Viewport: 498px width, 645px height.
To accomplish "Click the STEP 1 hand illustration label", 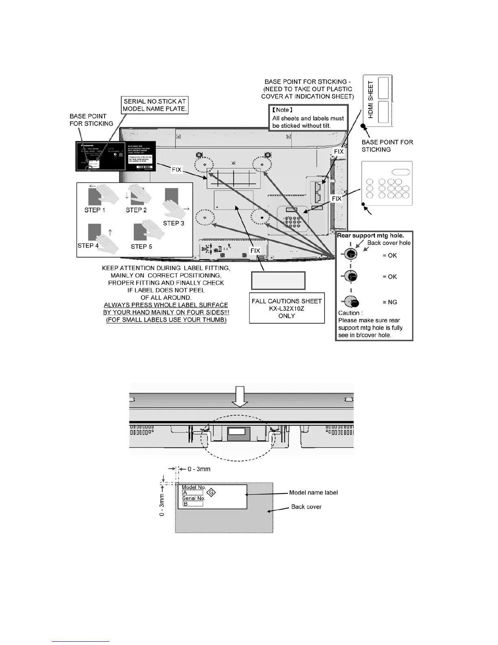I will (x=95, y=210).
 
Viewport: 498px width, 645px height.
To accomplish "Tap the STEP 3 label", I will (x=174, y=223).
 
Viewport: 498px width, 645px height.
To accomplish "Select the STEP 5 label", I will (x=142, y=246).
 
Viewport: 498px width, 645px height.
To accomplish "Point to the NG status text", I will (x=390, y=302).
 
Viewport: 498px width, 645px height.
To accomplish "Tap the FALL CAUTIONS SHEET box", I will (x=287, y=308).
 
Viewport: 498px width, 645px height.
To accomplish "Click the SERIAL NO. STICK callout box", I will (x=155, y=105).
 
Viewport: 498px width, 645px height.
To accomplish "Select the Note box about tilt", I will (x=308, y=118).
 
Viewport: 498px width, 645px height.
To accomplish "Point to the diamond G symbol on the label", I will (x=211, y=493).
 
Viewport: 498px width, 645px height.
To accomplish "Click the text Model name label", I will (x=313, y=493).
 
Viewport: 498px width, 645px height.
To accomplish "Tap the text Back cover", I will (x=306, y=507).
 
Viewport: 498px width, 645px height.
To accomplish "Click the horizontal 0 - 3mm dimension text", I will (x=199, y=469).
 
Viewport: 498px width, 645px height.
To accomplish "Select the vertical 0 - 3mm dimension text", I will (x=162, y=505).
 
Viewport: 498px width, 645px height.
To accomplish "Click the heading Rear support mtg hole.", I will (x=371, y=235).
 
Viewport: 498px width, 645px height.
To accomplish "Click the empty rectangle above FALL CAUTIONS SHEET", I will (x=278, y=280).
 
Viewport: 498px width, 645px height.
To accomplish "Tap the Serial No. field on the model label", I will (x=193, y=498).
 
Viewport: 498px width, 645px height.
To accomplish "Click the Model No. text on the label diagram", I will (x=194, y=487).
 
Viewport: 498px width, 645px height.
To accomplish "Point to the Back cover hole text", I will (x=389, y=243).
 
